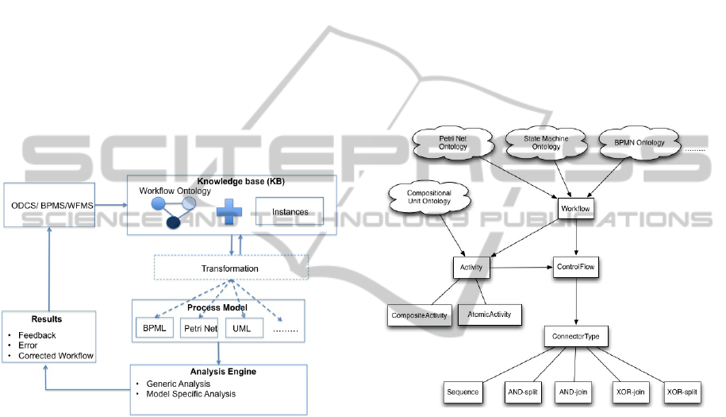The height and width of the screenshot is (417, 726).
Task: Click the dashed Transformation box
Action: [x=229, y=268]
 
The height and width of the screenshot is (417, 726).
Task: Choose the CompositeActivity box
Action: [x=419, y=315]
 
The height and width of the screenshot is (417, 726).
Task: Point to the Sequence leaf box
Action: [x=463, y=392]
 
